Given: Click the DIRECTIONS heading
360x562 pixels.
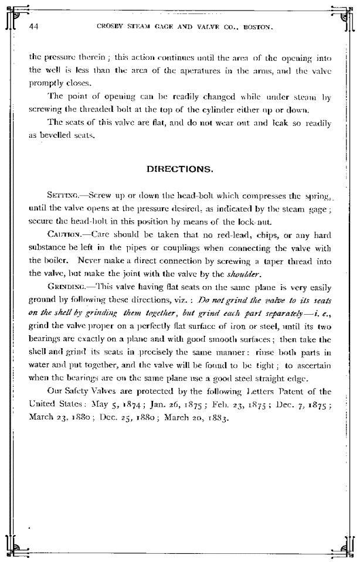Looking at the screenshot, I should tap(179, 169).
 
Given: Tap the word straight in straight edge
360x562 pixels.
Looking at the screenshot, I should tap(271, 378).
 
